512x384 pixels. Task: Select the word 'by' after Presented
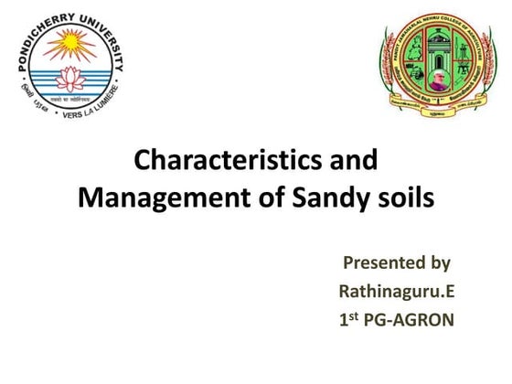pyautogui.click(x=440, y=265)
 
